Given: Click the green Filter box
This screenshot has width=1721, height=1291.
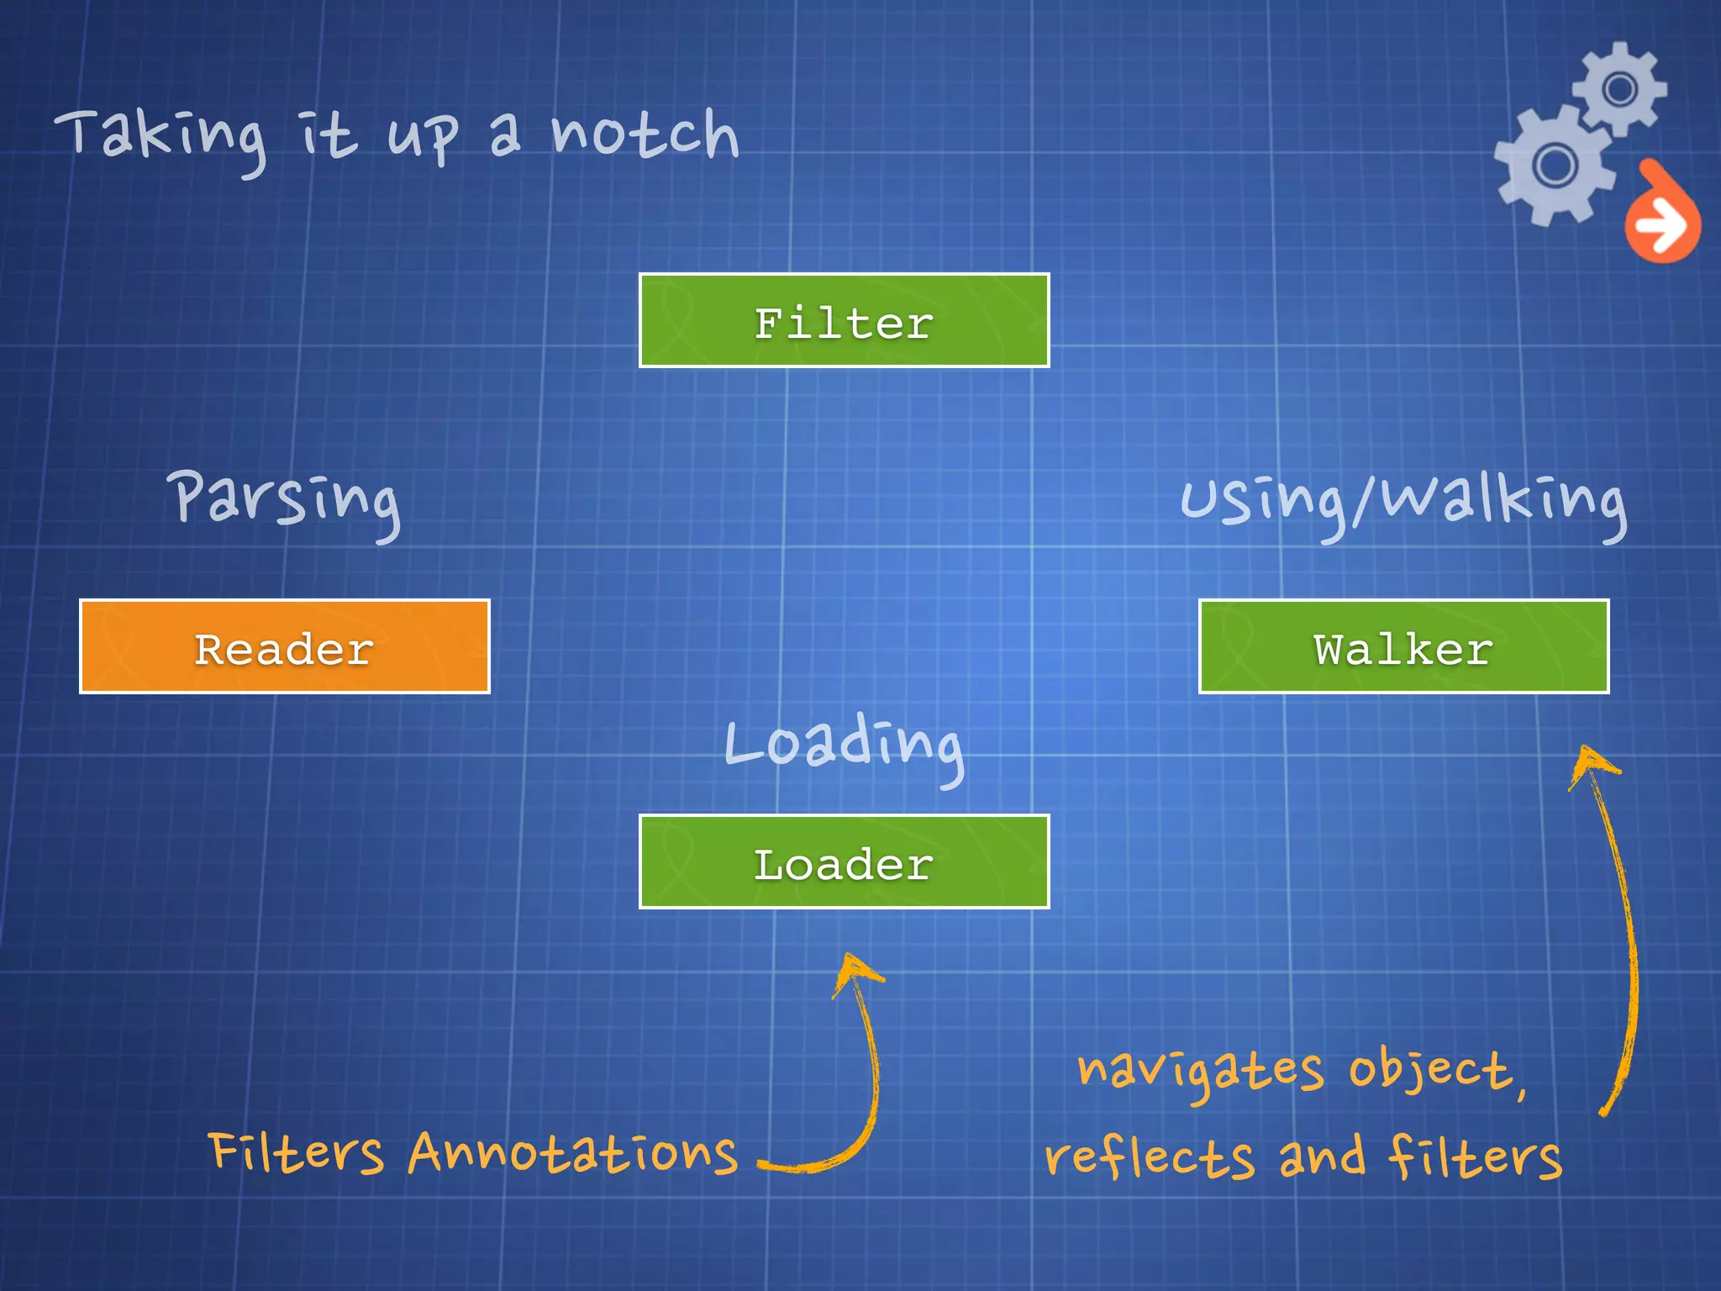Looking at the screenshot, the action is [x=844, y=320].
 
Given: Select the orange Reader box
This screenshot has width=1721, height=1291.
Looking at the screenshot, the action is [x=284, y=646].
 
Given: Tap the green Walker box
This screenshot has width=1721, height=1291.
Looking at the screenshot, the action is [x=1403, y=646].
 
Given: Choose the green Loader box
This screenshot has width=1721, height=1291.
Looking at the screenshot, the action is [x=844, y=862].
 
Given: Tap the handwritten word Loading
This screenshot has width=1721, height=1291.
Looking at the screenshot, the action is [x=844, y=744].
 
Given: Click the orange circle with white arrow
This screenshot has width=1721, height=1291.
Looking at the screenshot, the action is [x=1661, y=223].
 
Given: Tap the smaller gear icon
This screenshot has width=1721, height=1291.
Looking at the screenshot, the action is [x=1619, y=88].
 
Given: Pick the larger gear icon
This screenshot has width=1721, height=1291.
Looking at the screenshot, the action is [x=1555, y=165].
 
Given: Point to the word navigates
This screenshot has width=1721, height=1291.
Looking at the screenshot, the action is [x=1200, y=1071].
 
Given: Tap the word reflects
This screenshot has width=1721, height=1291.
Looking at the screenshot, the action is [x=1149, y=1157].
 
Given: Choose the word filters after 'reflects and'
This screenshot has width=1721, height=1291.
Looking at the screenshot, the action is [x=1475, y=1157].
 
